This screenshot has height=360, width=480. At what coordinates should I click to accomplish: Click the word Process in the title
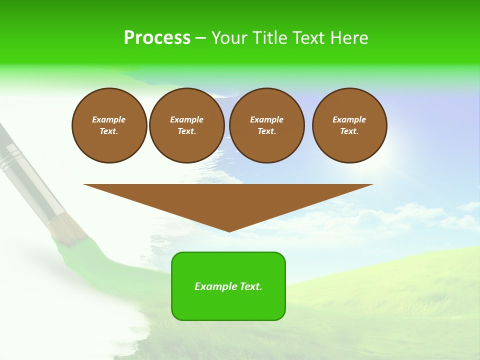(157, 37)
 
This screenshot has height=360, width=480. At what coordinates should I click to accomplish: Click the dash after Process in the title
(200, 38)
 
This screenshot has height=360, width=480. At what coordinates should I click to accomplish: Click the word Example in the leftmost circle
(109, 119)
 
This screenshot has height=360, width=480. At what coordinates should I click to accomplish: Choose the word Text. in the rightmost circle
(349, 131)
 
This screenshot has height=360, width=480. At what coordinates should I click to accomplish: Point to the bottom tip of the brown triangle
(229, 230)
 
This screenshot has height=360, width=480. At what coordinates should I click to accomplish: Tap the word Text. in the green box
(251, 286)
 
